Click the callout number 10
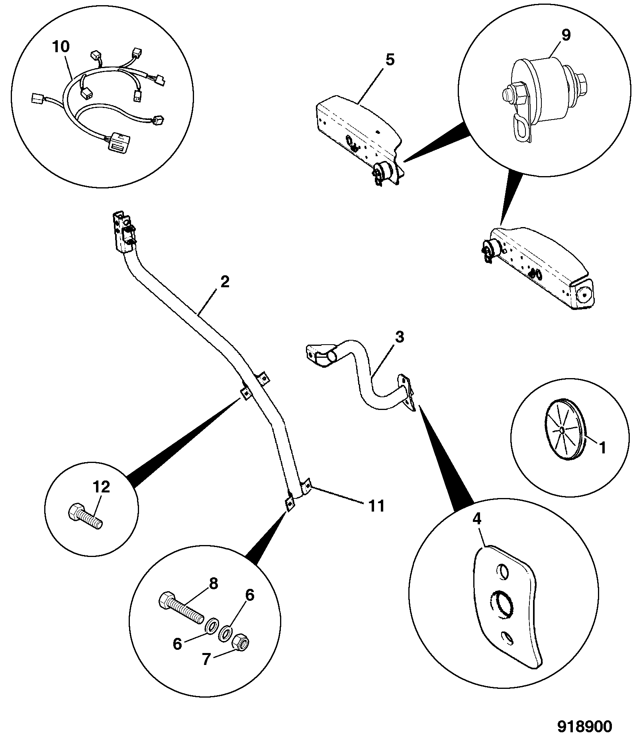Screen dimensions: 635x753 coord(61,47)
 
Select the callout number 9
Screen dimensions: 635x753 coord(566,35)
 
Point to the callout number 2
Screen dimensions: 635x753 coord(225,282)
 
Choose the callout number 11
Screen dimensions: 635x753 coord(376,506)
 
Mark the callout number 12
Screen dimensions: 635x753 coord(102,487)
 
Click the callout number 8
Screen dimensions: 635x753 coord(214,584)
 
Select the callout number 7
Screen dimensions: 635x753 coord(206,660)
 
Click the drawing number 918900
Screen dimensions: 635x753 coord(584,727)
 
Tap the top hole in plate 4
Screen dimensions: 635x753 coord(502,571)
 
